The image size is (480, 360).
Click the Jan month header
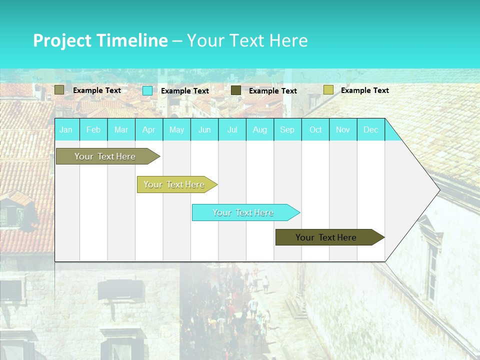(x=66, y=130)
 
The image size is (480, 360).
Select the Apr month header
(x=148, y=130)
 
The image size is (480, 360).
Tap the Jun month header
(x=204, y=130)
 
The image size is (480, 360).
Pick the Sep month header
(x=287, y=130)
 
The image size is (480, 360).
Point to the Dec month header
(x=370, y=130)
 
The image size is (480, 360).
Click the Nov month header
(x=342, y=130)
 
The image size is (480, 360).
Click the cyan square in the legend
(x=147, y=91)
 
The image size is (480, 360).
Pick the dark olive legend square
(x=236, y=90)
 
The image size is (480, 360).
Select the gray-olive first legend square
(x=59, y=90)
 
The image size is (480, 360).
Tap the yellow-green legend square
(x=328, y=90)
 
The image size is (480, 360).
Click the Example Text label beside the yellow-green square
(x=364, y=90)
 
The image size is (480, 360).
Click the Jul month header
(x=232, y=130)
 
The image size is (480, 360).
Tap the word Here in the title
(x=288, y=40)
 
